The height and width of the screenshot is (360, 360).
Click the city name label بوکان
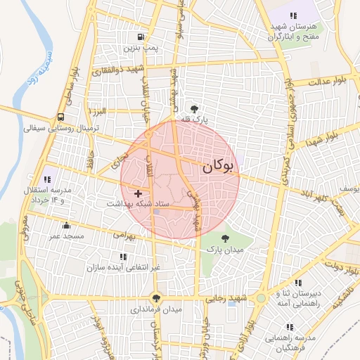pos(219,167)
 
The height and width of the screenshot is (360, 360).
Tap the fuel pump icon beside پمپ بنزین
pos(141,37)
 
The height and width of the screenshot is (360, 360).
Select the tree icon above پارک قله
pos(193,109)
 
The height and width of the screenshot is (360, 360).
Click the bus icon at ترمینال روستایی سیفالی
pos(60,117)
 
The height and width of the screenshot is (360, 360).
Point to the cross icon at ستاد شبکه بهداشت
pos(138,193)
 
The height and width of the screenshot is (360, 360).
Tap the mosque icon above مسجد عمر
pos(66,226)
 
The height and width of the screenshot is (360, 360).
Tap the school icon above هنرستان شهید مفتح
pos(292,15)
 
